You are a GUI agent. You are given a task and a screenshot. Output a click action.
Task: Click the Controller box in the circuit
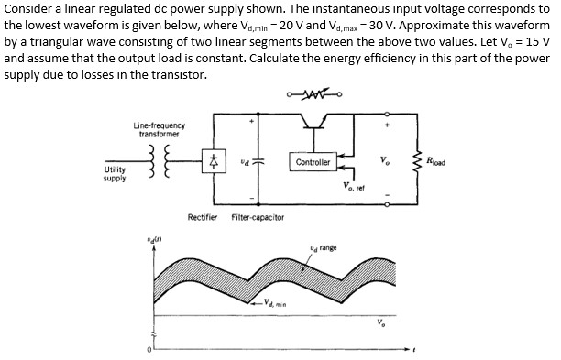click(x=313, y=161)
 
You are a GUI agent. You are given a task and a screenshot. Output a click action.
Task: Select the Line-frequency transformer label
click(x=159, y=129)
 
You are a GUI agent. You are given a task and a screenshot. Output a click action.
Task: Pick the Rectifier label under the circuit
click(x=202, y=217)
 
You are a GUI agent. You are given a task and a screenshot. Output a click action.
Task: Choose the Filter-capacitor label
click(x=258, y=217)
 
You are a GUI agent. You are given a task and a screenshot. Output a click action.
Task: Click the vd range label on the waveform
click(x=324, y=249)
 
